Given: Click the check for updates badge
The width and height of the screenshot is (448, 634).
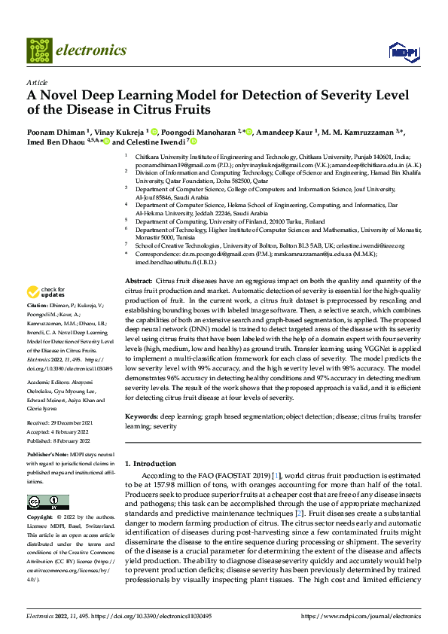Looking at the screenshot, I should pyautogui.click(x=47, y=292).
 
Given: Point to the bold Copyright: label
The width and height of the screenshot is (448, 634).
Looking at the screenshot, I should pyautogui.click(x=41, y=518).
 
